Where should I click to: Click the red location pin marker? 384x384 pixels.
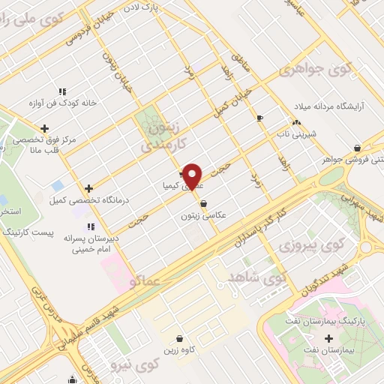coord(193,176)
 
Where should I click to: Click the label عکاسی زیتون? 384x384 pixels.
coord(203,215)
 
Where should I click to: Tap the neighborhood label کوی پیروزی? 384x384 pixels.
coord(305,245)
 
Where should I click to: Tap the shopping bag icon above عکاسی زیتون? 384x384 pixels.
coord(203,203)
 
